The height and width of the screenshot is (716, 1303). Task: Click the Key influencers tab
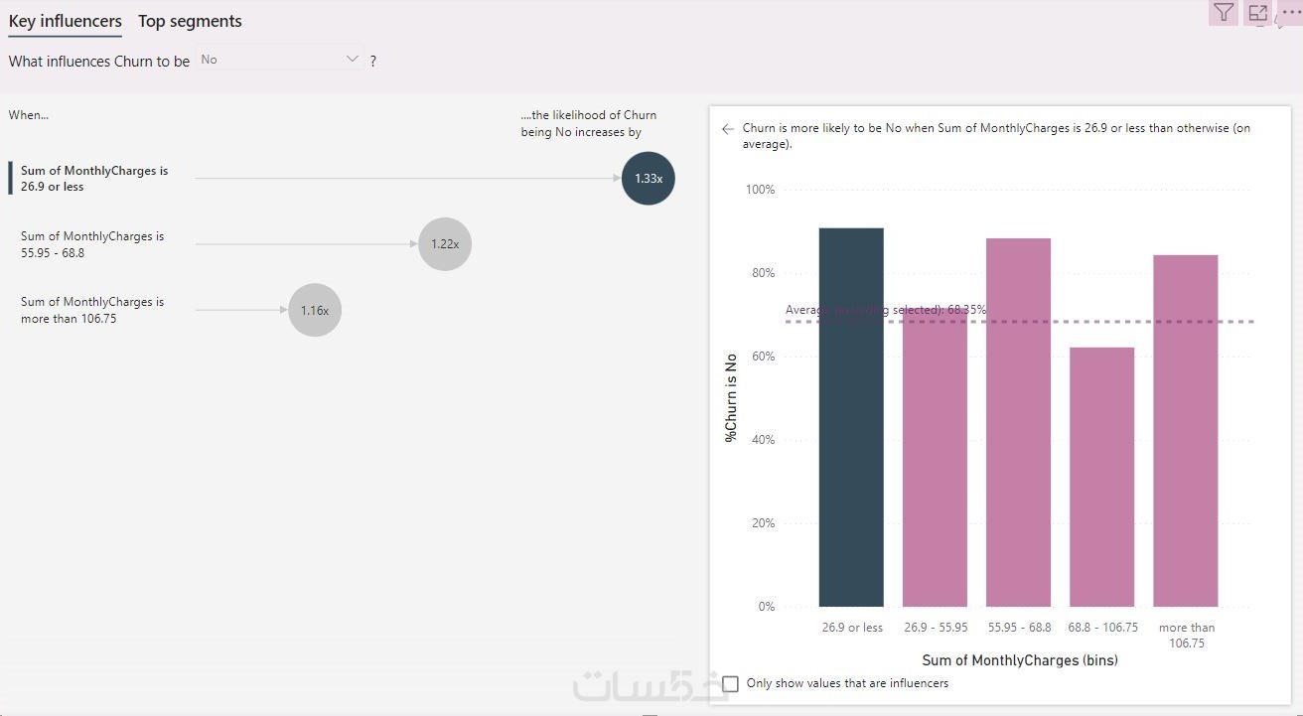[65, 21]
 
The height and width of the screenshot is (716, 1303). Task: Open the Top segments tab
[190, 21]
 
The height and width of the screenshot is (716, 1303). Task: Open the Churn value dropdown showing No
[279, 60]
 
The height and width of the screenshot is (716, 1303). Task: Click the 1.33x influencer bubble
[649, 179]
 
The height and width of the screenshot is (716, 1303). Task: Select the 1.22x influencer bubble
[445, 244]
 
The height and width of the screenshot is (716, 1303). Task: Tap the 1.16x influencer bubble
[315, 310]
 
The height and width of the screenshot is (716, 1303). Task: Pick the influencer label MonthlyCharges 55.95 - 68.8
[92, 244]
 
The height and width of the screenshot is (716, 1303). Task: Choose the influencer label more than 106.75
[92, 310]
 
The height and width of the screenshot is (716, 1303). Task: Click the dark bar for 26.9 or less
[851, 417]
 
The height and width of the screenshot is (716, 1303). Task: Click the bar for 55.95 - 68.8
[1018, 422]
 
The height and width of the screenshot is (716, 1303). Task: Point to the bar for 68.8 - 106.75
[1101, 477]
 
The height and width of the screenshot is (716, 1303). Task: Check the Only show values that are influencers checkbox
[731, 683]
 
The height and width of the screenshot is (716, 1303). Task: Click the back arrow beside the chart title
[728, 129]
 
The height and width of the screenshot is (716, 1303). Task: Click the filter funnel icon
[1224, 12]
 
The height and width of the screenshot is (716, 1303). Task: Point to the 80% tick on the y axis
[761, 273]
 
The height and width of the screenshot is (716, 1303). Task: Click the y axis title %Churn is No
[732, 397]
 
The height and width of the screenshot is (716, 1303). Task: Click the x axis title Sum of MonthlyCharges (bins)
[1020, 660]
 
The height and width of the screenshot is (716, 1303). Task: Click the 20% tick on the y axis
[761, 523]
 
